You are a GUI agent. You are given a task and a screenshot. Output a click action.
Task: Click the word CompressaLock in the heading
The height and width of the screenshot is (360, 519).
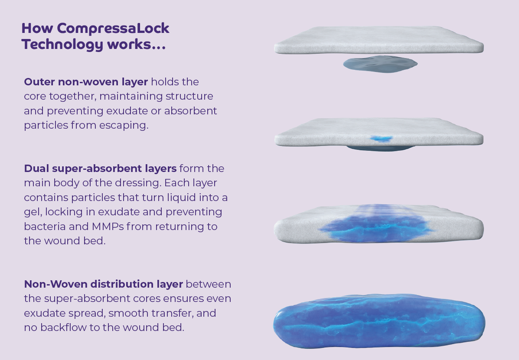(x=113, y=29)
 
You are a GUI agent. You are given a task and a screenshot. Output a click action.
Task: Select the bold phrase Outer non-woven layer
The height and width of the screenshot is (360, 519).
(x=86, y=82)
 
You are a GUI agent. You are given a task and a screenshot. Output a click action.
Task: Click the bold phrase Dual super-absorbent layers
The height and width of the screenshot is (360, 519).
(x=100, y=169)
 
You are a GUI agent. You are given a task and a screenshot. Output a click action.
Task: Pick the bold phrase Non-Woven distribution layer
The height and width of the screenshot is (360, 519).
(x=103, y=284)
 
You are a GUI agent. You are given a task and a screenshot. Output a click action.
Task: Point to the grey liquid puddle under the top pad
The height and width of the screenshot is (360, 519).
(x=380, y=64)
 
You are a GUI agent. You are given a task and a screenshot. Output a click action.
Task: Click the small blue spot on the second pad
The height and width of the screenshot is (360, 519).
(x=381, y=139)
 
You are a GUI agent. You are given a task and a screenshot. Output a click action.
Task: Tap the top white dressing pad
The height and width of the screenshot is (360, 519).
(x=379, y=40)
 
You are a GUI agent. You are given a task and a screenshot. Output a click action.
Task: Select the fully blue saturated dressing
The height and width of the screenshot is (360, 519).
(x=379, y=321)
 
